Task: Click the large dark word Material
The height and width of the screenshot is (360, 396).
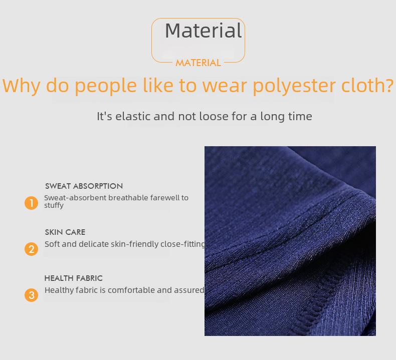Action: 204,31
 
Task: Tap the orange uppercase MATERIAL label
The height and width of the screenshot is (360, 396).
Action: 199,63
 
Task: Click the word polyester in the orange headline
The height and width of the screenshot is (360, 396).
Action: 294,86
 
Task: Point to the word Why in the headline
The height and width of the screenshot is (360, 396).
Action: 21,86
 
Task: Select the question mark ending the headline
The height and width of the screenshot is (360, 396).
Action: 389,84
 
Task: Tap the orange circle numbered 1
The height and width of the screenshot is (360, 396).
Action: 31,203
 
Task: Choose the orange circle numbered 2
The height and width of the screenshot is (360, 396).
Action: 31,249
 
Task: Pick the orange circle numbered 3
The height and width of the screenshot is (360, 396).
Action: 31,295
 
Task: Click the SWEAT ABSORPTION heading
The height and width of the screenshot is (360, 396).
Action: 84,186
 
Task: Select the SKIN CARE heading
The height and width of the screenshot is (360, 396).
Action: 65,232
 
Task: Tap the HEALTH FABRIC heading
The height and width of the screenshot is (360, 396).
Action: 74,278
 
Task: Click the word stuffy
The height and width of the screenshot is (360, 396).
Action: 54,206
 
